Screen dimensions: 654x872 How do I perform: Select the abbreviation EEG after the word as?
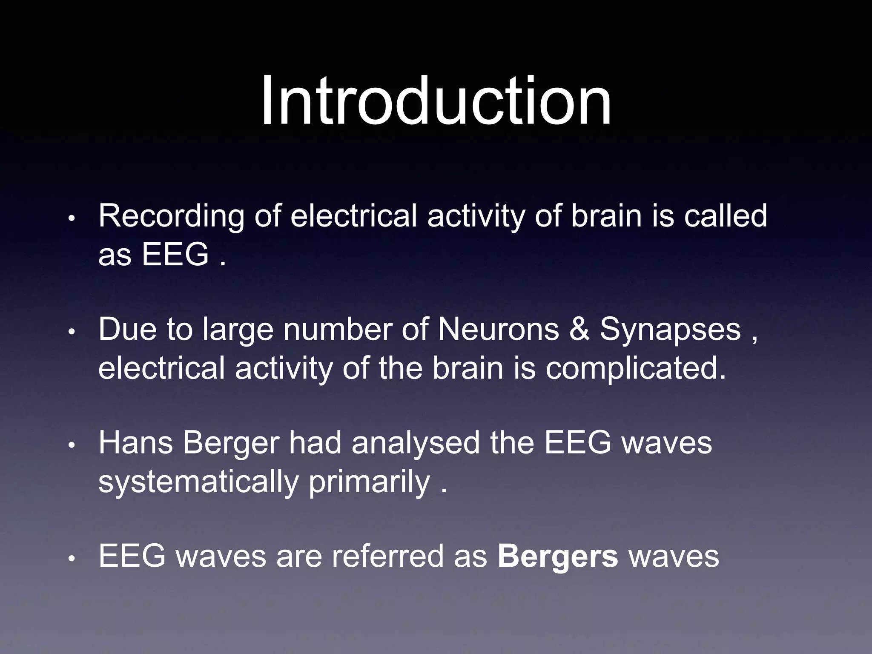click(175, 255)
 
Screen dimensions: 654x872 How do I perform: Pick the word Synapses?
click(670, 330)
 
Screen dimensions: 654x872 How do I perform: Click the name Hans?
click(136, 443)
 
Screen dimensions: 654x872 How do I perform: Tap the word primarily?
click(370, 482)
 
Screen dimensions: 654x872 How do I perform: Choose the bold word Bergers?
click(557, 557)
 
